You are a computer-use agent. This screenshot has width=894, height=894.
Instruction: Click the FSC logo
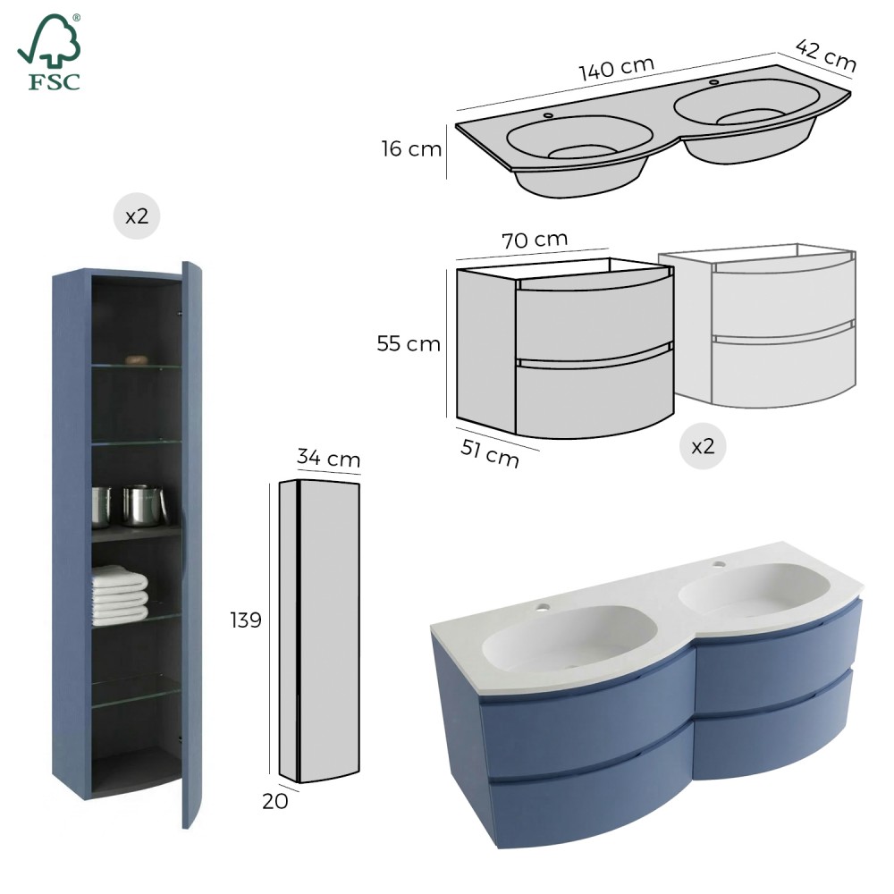tap(49, 52)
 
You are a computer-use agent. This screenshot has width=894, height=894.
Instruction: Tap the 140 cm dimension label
tap(616, 69)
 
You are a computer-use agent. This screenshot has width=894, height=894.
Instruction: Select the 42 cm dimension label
tap(825, 55)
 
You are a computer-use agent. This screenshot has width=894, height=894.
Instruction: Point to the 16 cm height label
tap(411, 148)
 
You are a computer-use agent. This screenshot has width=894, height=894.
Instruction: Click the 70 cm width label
tap(535, 240)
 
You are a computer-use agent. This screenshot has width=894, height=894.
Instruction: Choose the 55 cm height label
tap(409, 344)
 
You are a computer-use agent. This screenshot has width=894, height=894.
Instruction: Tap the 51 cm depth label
tap(490, 454)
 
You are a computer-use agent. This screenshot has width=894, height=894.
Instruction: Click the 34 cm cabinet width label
tap(328, 458)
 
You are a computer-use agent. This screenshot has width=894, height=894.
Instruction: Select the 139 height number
tap(246, 620)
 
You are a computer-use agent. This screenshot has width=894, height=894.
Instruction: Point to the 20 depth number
tap(274, 801)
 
